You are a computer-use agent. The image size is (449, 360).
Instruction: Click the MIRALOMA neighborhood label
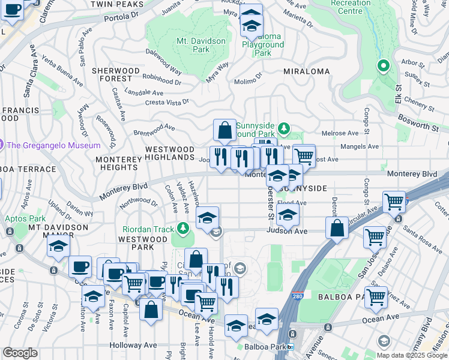point(307,71)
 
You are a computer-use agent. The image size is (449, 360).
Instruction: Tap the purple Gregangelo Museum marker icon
point(2,145)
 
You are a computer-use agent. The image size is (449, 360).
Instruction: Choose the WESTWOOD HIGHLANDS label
point(170,153)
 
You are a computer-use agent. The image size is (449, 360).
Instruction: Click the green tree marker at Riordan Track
point(182,229)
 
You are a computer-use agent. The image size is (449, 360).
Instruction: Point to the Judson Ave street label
point(287,231)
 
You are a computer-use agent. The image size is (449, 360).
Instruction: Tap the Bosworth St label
point(417,127)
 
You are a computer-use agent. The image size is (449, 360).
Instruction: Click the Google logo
point(20,353)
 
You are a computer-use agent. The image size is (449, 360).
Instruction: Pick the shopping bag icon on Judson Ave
point(337,228)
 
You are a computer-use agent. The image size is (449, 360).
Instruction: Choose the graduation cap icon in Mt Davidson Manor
point(58,246)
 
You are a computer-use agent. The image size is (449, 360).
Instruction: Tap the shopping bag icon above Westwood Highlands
point(224,130)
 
